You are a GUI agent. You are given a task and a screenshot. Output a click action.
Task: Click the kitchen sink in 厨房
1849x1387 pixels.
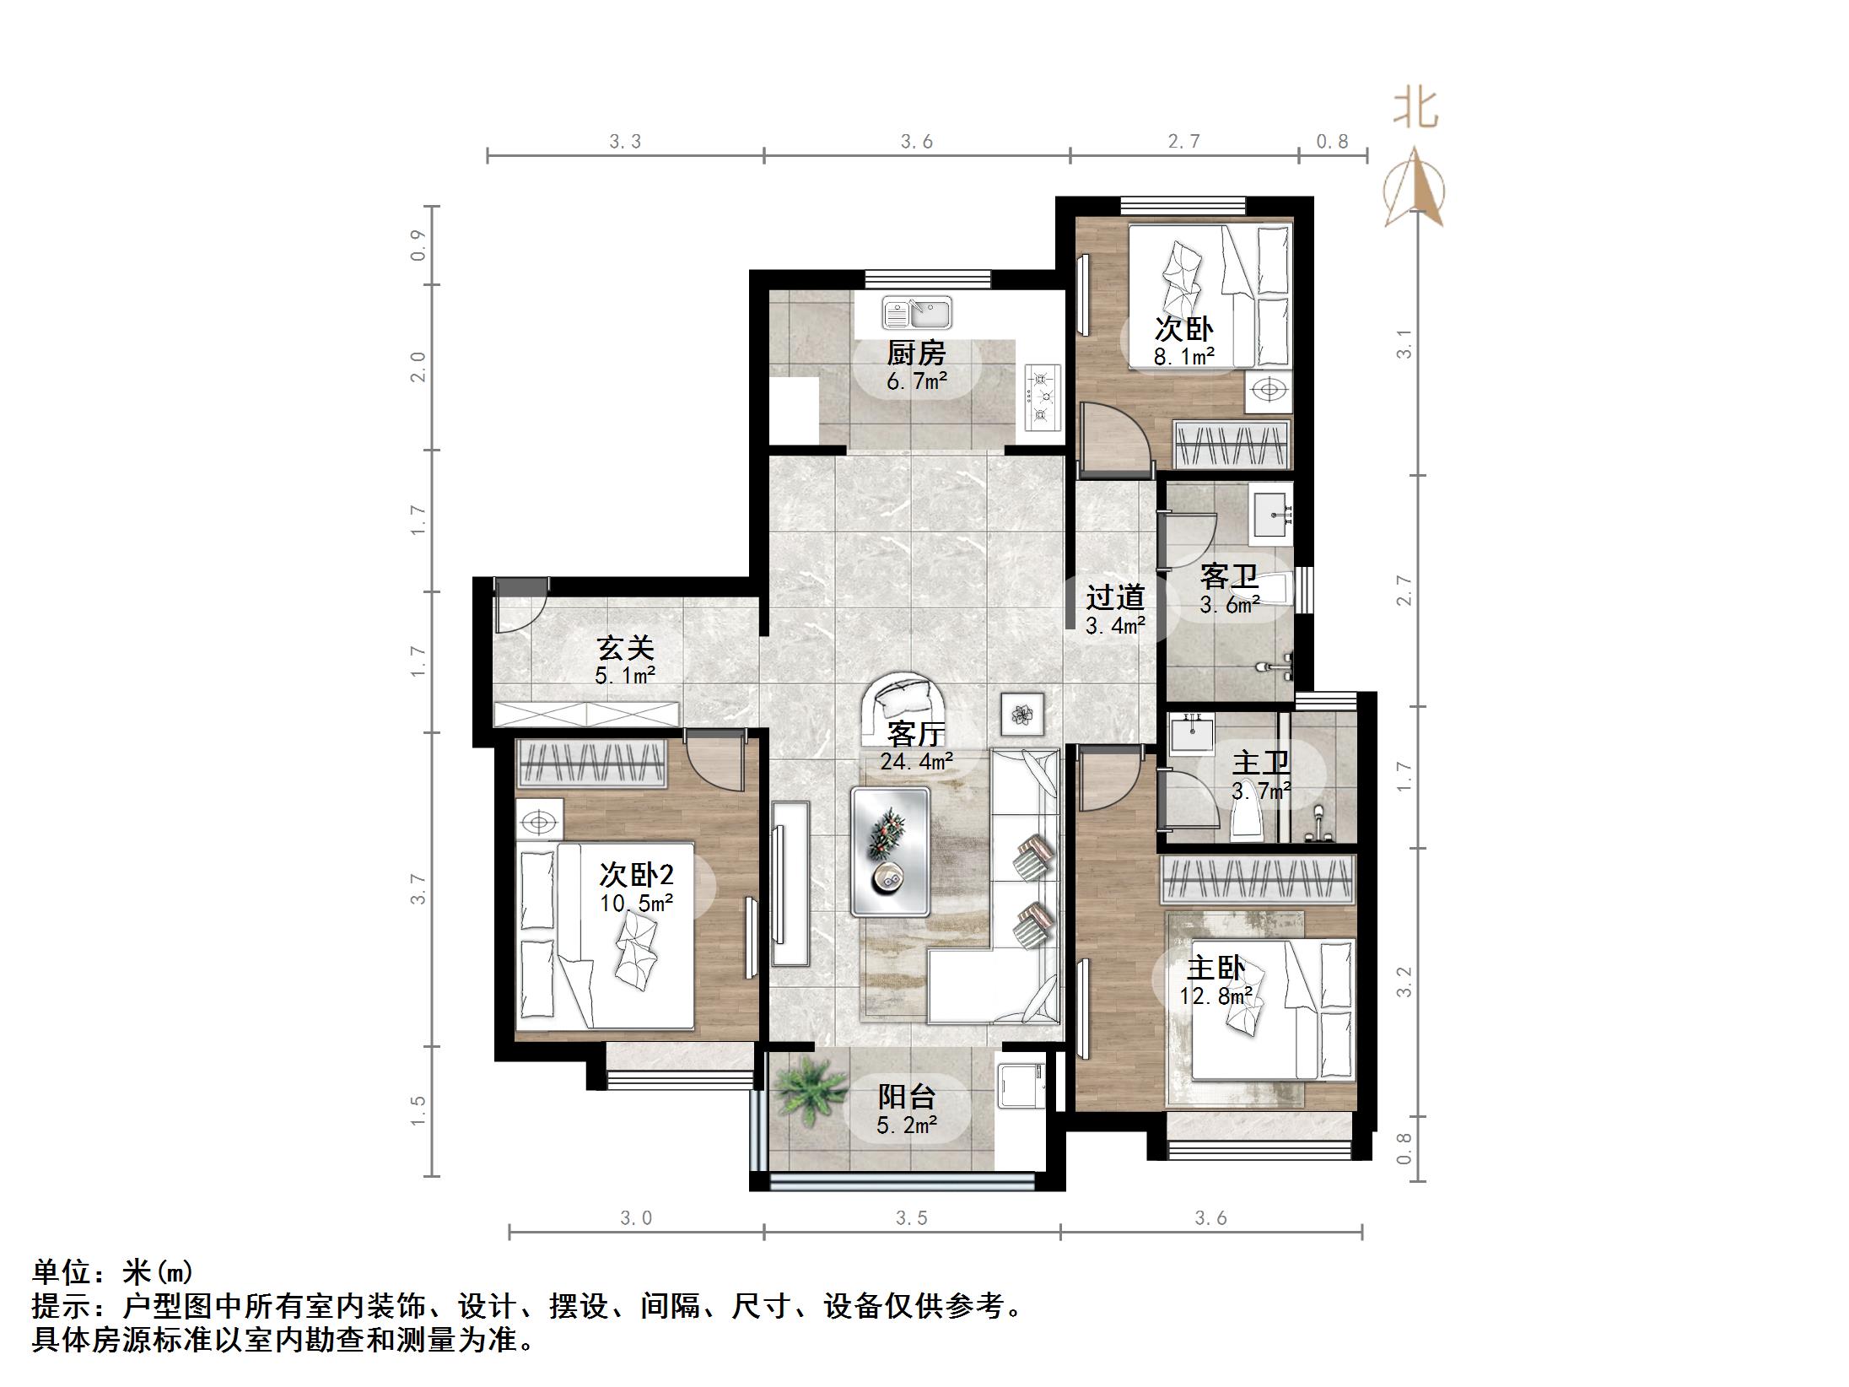[x=917, y=313]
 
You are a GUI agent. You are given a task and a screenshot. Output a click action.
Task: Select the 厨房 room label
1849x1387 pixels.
[x=916, y=353]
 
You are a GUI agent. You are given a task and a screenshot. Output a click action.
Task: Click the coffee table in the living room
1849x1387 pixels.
[x=890, y=851]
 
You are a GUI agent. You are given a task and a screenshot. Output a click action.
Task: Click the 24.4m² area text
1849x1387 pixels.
[x=916, y=761]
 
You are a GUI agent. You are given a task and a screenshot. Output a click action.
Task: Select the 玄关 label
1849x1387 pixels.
[x=625, y=648]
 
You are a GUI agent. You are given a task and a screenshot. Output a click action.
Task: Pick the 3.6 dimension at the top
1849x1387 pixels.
[x=916, y=142]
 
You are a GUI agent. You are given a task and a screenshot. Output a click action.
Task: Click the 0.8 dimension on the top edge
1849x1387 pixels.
[x=1332, y=142]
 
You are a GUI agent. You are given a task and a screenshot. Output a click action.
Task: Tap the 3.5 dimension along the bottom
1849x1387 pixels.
[x=911, y=1218]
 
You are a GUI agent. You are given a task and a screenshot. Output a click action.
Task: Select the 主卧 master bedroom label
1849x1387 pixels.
[x=1216, y=968]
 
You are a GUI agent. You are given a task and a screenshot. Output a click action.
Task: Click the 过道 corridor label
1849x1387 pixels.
[x=1114, y=597]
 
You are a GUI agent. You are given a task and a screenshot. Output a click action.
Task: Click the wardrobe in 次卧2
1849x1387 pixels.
[x=589, y=762]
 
